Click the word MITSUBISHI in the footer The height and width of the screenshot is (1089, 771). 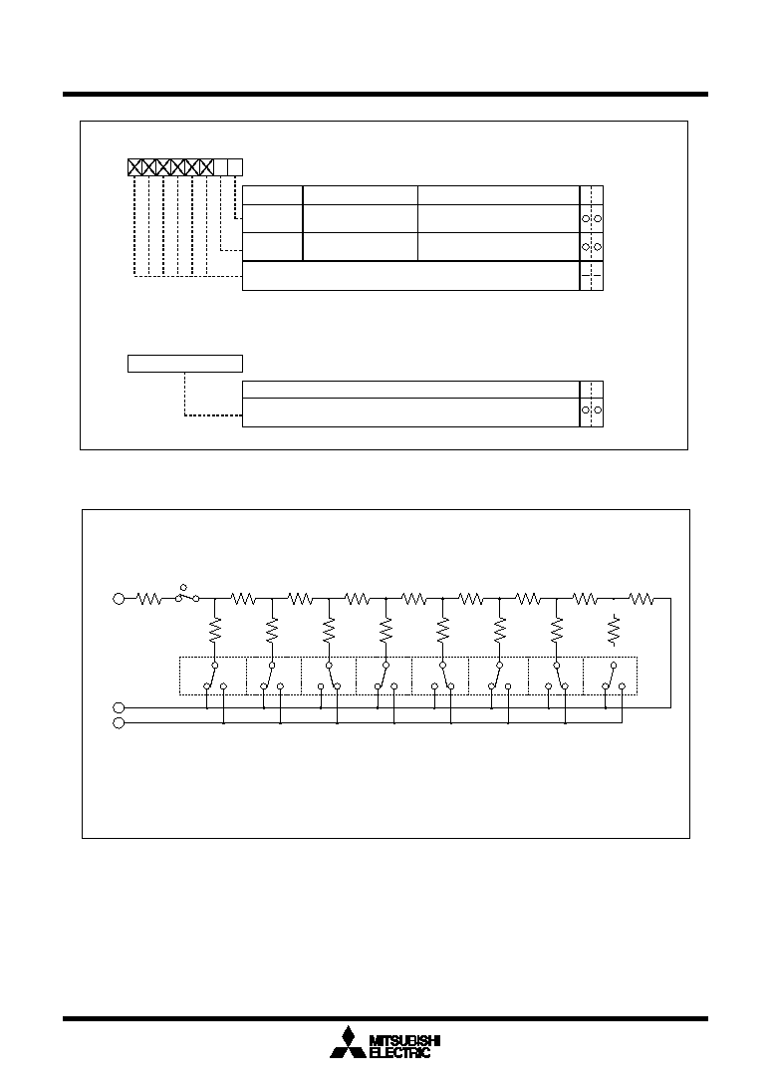point(405,1041)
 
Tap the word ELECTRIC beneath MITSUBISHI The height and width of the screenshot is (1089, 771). point(399,1053)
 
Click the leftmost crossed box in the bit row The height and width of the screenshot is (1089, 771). point(134,167)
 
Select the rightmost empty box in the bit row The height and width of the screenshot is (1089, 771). point(235,167)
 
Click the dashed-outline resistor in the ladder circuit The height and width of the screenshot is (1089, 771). point(614,630)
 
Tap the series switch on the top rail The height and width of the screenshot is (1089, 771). point(187,595)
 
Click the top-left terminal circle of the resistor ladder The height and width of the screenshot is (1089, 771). point(119,598)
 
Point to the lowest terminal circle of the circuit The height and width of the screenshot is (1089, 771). point(119,723)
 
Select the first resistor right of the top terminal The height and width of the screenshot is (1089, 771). point(149,598)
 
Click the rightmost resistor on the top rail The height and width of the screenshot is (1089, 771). point(642,598)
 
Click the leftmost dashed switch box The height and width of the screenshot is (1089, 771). point(213,676)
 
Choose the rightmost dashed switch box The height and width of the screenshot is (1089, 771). point(611,676)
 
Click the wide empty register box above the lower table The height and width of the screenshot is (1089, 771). point(185,364)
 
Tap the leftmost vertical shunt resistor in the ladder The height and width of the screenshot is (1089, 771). point(214,630)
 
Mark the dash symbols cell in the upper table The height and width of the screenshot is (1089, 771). point(592,276)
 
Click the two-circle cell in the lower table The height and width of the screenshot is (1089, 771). point(592,410)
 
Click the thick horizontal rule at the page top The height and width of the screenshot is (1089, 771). point(385,94)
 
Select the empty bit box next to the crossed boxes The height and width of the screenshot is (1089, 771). point(221,167)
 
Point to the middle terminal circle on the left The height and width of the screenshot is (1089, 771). point(119,707)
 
